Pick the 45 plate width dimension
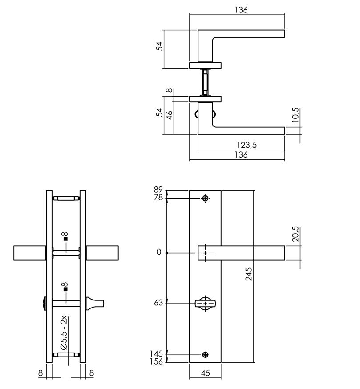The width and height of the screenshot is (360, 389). click(x=205, y=373)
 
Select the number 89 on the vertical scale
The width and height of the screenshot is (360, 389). click(x=158, y=190)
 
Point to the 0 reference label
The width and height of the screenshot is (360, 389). click(x=159, y=252)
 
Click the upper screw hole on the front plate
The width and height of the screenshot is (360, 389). click(x=205, y=198)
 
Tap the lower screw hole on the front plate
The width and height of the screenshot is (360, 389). click(x=205, y=354)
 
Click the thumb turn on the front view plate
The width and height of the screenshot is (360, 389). click(x=205, y=304)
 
